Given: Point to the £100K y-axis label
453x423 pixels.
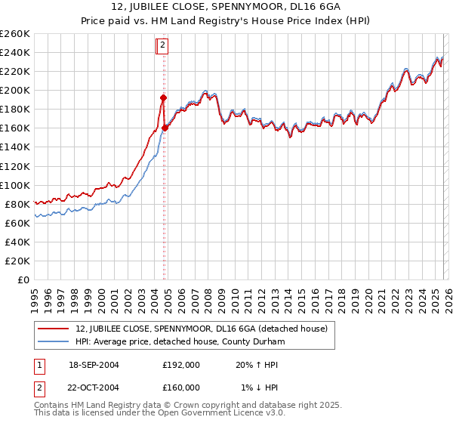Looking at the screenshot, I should pos(14,185).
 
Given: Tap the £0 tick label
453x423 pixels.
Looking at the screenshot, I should pos(23,279).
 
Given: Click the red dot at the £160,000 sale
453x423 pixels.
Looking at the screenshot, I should pos(165,128).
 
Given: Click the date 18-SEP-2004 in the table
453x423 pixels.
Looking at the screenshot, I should pos(94,364).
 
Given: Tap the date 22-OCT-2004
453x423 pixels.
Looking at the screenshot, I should pos(94,387).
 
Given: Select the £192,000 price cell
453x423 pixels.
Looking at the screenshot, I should pos(181,364).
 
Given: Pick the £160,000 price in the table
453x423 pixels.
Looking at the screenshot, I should pos(181,387).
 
